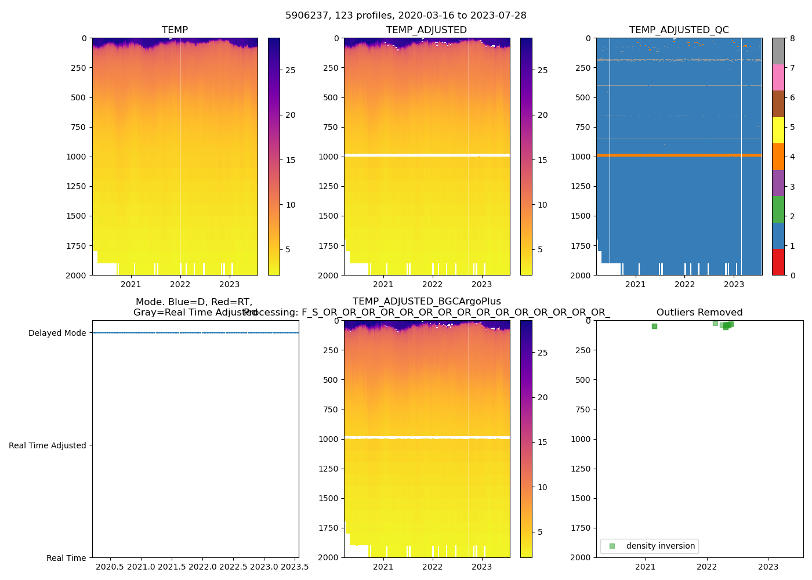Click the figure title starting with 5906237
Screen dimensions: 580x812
(x=405, y=16)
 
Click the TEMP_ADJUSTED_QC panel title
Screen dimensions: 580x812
(x=679, y=30)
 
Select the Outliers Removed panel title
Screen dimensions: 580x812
(x=699, y=313)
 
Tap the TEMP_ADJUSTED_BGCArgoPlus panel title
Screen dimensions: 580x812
(x=426, y=302)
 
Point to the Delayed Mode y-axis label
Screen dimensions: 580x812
(x=57, y=333)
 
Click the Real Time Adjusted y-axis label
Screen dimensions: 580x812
(x=47, y=445)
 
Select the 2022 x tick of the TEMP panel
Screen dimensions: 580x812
(x=180, y=284)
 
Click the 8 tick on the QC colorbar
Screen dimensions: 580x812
(x=792, y=38)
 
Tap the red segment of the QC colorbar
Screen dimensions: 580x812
(x=778, y=262)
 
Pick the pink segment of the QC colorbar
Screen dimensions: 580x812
(x=778, y=77)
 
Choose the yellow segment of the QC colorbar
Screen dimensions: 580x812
(x=778, y=130)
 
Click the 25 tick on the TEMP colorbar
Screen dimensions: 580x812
(x=290, y=70)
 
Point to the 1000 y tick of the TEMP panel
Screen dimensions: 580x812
(x=78, y=157)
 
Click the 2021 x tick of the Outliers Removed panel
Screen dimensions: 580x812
(x=645, y=567)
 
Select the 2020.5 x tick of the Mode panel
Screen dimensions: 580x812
(x=110, y=567)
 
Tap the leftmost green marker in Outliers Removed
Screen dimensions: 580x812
(x=654, y=326)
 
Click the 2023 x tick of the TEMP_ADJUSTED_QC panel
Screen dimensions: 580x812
(x=734, y=284)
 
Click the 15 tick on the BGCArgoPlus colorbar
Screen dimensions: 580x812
(x=542, y=442)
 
